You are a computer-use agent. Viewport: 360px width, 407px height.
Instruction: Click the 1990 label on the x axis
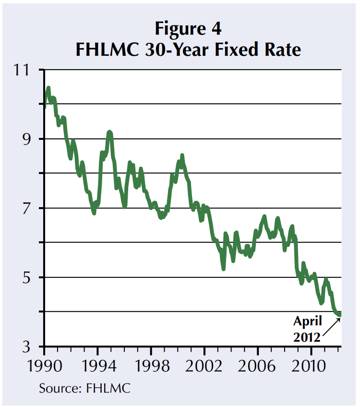pos(44,363)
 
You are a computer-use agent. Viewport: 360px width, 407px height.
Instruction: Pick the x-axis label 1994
pos(97,363)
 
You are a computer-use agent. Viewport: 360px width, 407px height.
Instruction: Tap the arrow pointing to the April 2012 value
pos(331,326)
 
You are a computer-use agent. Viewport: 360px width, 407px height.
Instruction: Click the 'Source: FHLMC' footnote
pos(84,388)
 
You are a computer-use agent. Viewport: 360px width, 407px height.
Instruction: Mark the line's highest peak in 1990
pos(48,88)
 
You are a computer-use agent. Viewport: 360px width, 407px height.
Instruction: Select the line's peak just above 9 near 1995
pos(109,132)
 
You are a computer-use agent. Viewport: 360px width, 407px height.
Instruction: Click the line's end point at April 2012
pos(340,314)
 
